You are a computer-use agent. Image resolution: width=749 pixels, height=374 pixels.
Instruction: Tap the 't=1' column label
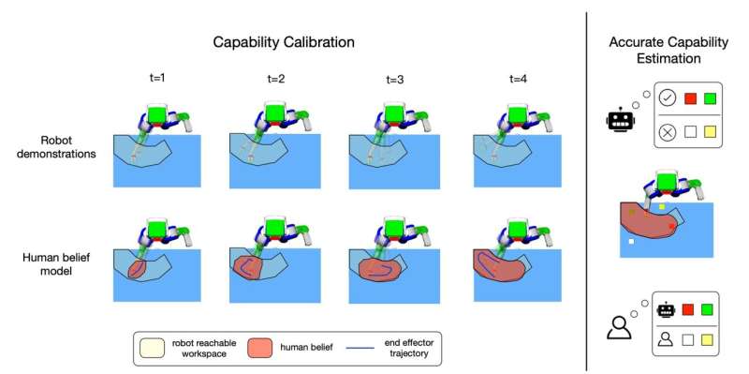[x=158, y=80]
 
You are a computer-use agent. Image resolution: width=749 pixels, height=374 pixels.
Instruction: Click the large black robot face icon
[x=620, y=121]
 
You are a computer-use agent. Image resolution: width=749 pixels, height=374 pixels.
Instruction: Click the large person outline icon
[x=620, y=327]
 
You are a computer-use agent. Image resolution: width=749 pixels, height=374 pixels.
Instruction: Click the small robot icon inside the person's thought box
[x=668, y=308]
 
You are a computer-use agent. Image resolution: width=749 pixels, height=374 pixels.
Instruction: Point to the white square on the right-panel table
[x=632, y=243]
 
